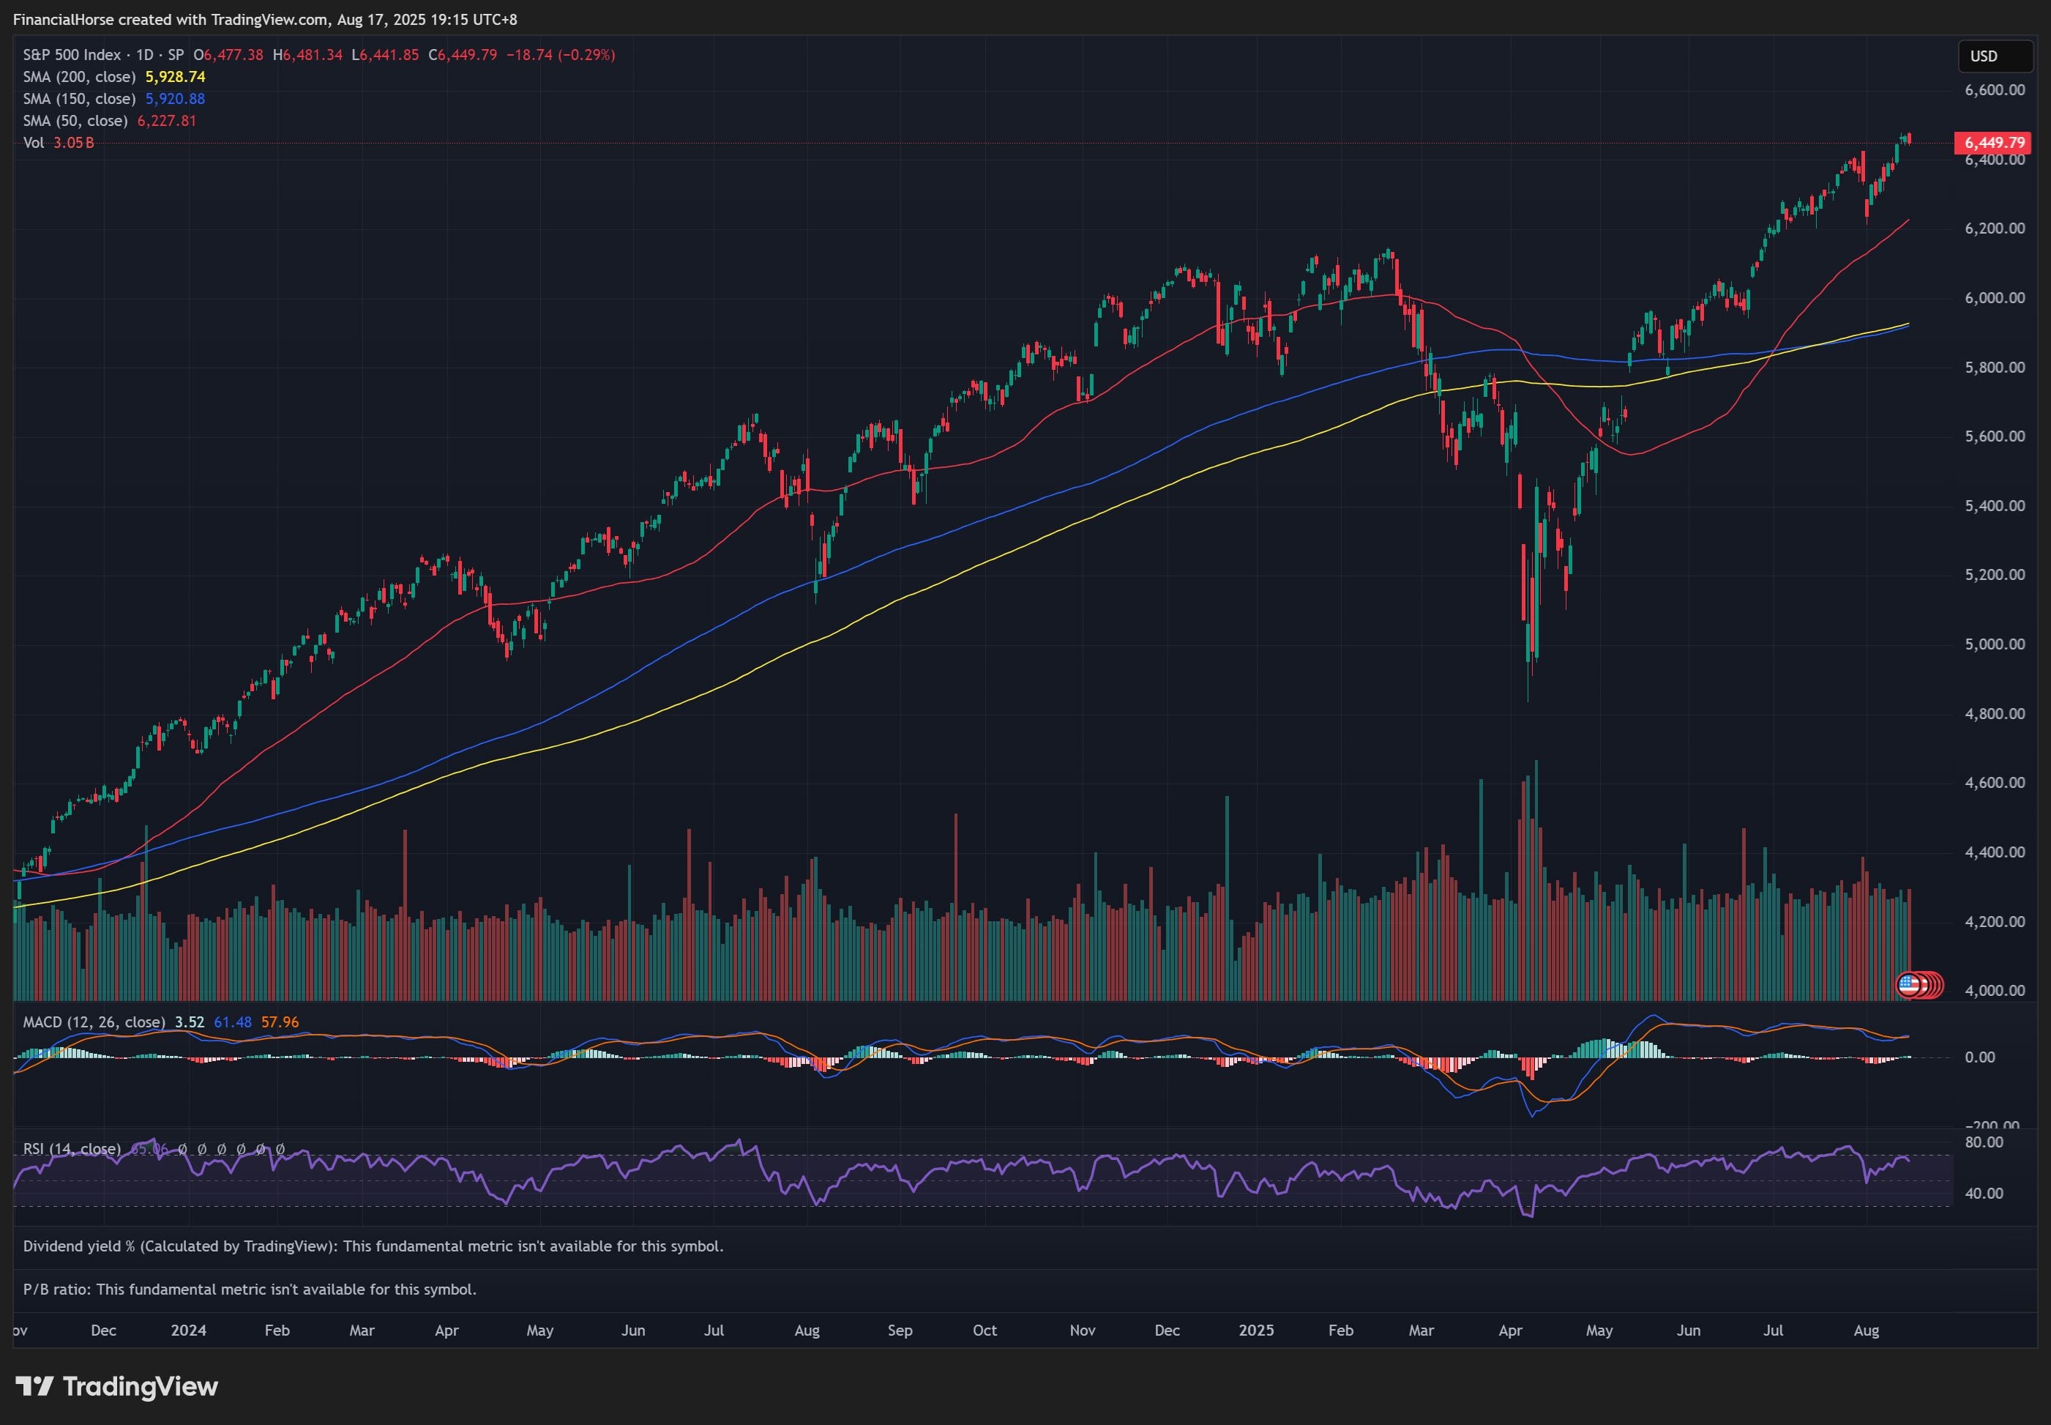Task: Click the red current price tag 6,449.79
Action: coord(1994,143)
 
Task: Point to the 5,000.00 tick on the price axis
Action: coord(1994,644)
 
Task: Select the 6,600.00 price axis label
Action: coord(1994,90)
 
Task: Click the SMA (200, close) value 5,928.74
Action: coord(175,77)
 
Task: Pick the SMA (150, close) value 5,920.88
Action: coord(175,99)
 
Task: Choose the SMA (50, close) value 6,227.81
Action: coord(166,121)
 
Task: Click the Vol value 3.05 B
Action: coord(73,143)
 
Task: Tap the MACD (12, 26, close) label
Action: coord(94,1022)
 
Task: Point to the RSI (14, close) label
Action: coord(72,1148)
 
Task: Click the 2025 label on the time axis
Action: coord(1256,1331)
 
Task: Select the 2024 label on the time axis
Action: coord(188,1331)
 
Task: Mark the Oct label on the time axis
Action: coord(985,1331)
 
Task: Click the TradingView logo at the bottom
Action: coord(117,1387)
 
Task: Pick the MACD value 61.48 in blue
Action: coord(232,1022)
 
